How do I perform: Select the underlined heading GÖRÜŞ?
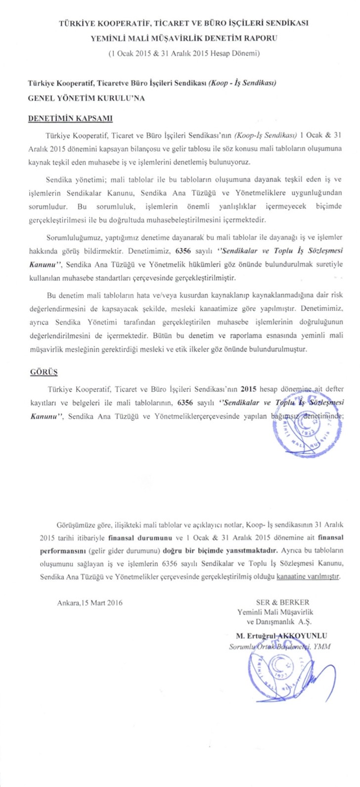tap(41, 369)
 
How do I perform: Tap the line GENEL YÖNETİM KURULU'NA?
tap(86, 98)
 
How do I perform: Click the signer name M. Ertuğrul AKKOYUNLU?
tap(278, 635)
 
